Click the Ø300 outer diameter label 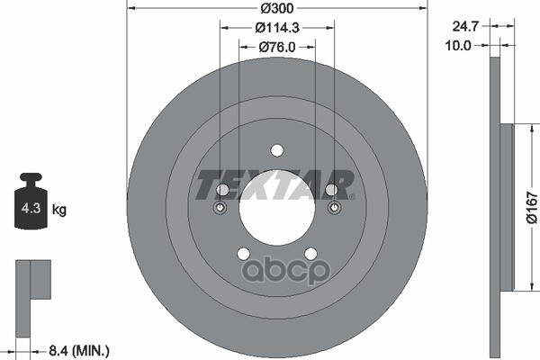pyautogui.click(x=277, y=8)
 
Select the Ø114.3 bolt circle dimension pyautogui.click(x=277, y=28)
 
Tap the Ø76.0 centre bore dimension pyautogui.click(x=277, y=47)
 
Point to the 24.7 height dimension pyautogui.click(x=465, y=26)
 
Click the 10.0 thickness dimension pyautogui.click(x=458, y=45)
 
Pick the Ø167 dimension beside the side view pyautogui.click(x=532, y=208)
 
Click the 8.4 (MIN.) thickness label pyautogui.click(x=79, y=351)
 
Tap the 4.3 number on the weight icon pyautogui.click(x=31, y=208)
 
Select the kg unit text pyautogui.click(x=59, y=209)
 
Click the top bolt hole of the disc pyautogui.click(x=277, y=150)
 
